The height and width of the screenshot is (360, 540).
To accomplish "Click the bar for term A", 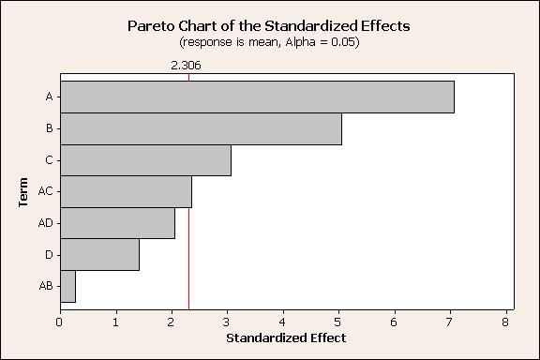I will point(257,97).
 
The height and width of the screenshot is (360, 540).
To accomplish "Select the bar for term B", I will point(201,128).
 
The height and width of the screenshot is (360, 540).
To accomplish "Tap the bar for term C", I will point(145,160).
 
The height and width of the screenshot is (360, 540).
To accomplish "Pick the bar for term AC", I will point(126,191).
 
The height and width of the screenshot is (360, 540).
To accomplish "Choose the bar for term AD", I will point(117,223).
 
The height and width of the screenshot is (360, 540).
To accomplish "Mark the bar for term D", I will point(99,254).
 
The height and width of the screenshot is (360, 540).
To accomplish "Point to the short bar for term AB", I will point(67,286).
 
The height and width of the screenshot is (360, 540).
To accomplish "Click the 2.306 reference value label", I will point(186,66).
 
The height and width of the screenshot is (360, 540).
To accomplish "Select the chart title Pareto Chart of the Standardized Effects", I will point(270,26).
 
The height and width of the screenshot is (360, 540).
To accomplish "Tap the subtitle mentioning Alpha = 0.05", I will point(270,42).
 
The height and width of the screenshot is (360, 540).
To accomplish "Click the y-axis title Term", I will point(22,191).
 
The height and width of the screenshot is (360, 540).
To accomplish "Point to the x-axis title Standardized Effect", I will point(283,337).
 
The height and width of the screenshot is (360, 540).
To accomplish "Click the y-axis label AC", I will point(45,191).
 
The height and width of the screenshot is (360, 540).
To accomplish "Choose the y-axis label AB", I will point(45,286).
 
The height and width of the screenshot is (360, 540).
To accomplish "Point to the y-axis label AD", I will point(45,223).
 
